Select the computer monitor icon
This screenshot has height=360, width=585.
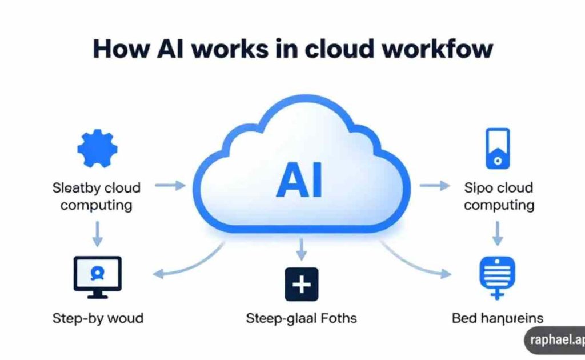pos(97,277)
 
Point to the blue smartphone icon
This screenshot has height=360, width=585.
pos(497,149)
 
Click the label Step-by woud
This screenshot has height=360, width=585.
pos(97,318)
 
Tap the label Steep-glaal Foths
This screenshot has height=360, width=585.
pos(301,318)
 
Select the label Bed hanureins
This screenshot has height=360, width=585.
pos(497,318)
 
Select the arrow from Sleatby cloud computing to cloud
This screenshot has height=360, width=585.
pos(170,185)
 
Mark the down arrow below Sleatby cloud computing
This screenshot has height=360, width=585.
pos(97,233)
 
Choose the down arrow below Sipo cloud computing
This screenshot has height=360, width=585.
pos(497,233)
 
